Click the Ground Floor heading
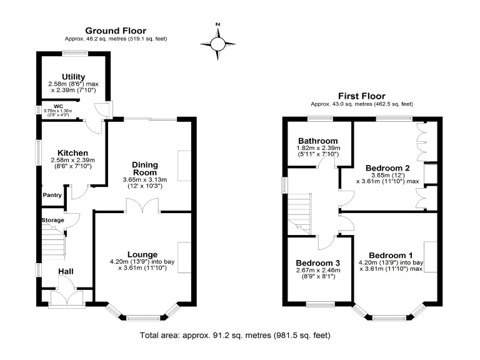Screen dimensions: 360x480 [x=116, y=31]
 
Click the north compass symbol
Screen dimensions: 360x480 [x=217, y=42]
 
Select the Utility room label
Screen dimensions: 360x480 [x=74, y=77]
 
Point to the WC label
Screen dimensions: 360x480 [x=58, y=106]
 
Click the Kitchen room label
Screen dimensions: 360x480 [x=72, y=153]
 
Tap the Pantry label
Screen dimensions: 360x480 [x=52, y=195]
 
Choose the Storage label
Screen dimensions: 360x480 [x=52, y=221]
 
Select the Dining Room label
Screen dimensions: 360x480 [x=145, y=169]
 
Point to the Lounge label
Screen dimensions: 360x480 [x=142, y=254]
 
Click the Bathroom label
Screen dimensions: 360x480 [x=317, y=141]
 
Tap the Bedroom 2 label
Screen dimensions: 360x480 [x=387, y=167]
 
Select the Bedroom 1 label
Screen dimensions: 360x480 [x=391, y=255]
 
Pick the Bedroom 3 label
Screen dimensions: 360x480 [x=318, y=262]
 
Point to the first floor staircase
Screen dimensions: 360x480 [x=300, y=212]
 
